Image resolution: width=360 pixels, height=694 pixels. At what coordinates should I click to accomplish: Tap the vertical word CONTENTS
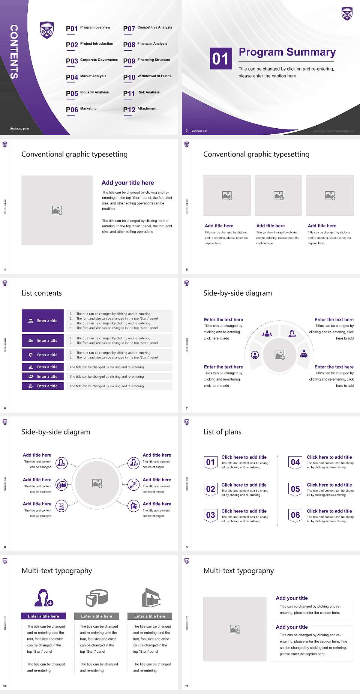(14, 52)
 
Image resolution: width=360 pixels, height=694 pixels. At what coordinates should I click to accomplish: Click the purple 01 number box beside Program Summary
(220, 59)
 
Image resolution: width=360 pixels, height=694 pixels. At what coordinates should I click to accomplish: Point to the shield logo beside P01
(47, 30)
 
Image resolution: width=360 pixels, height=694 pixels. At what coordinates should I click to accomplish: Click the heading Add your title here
(127, 183)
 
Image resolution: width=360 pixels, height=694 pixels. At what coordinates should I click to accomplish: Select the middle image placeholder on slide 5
(278, 195)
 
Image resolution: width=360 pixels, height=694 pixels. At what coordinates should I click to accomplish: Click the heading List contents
(42, 293)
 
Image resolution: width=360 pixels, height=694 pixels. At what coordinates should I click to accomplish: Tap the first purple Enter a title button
(43, 321)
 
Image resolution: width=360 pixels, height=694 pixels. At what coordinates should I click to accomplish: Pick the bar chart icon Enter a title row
(43, 367)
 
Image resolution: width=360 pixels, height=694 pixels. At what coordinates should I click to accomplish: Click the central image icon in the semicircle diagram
(279, 355)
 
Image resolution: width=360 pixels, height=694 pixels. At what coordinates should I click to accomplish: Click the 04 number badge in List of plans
(295, 462)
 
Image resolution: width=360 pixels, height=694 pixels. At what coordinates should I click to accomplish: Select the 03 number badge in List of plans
(211, 515)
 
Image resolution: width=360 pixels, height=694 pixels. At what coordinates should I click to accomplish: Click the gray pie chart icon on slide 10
(97, 598)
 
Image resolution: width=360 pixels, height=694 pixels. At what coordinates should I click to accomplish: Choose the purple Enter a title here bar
(43, 616)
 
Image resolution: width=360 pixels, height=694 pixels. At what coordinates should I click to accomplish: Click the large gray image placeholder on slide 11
(235, 629)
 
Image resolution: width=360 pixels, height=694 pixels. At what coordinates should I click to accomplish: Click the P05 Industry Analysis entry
(87, 93)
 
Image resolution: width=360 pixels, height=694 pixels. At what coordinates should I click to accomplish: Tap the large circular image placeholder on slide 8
(97, 483)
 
